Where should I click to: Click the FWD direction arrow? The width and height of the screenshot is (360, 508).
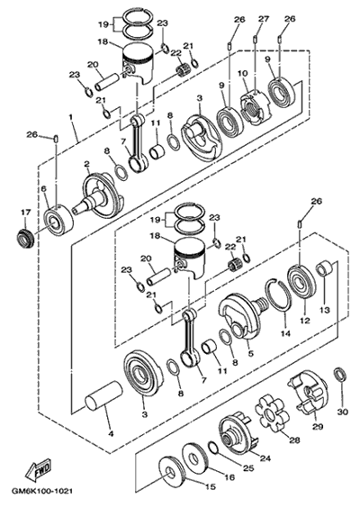tap(39, 469)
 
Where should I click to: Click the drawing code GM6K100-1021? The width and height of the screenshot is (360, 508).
tap(42, 492)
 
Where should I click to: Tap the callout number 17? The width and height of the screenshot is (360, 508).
tap(26, 213)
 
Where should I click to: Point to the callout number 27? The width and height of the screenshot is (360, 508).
tap(264, 19)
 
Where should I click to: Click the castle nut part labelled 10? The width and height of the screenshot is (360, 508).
tap(255, 107)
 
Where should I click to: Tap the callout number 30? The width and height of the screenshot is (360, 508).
tap(343, 412)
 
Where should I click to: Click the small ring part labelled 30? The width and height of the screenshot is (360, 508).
tap(341, 375)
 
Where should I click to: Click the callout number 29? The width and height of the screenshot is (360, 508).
tap(318, 426)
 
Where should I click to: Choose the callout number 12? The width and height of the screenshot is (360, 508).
tap(305, 321)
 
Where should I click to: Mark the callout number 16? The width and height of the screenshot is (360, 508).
tap(229, 477)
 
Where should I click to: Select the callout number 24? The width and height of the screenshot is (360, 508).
tap(265, 458)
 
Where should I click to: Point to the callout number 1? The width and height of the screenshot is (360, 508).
tap(70, 116)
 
